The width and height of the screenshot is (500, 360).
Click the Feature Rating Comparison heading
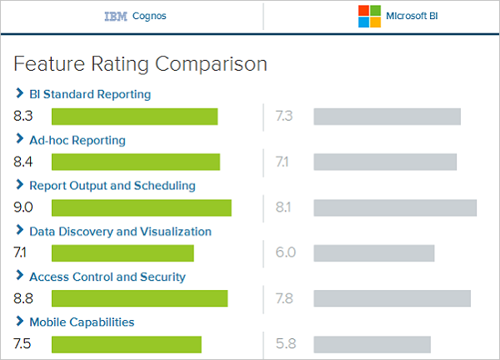141,63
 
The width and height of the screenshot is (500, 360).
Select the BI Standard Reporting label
90,94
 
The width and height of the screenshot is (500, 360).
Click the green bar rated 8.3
134,117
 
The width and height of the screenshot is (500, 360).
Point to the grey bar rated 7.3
387,117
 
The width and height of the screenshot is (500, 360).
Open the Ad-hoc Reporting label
77,140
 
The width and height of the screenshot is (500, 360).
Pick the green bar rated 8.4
136,162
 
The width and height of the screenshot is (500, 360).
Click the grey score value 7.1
282,162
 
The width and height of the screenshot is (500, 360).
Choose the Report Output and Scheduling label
112,185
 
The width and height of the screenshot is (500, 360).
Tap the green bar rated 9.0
142,207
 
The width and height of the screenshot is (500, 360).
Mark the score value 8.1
282,207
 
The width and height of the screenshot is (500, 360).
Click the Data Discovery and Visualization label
120,231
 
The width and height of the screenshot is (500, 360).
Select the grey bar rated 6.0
374,252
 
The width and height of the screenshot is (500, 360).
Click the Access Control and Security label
107,277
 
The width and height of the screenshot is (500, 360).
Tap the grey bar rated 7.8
392,298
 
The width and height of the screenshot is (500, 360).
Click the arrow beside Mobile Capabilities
19,322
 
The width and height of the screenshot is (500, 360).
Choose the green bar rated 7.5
127,344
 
